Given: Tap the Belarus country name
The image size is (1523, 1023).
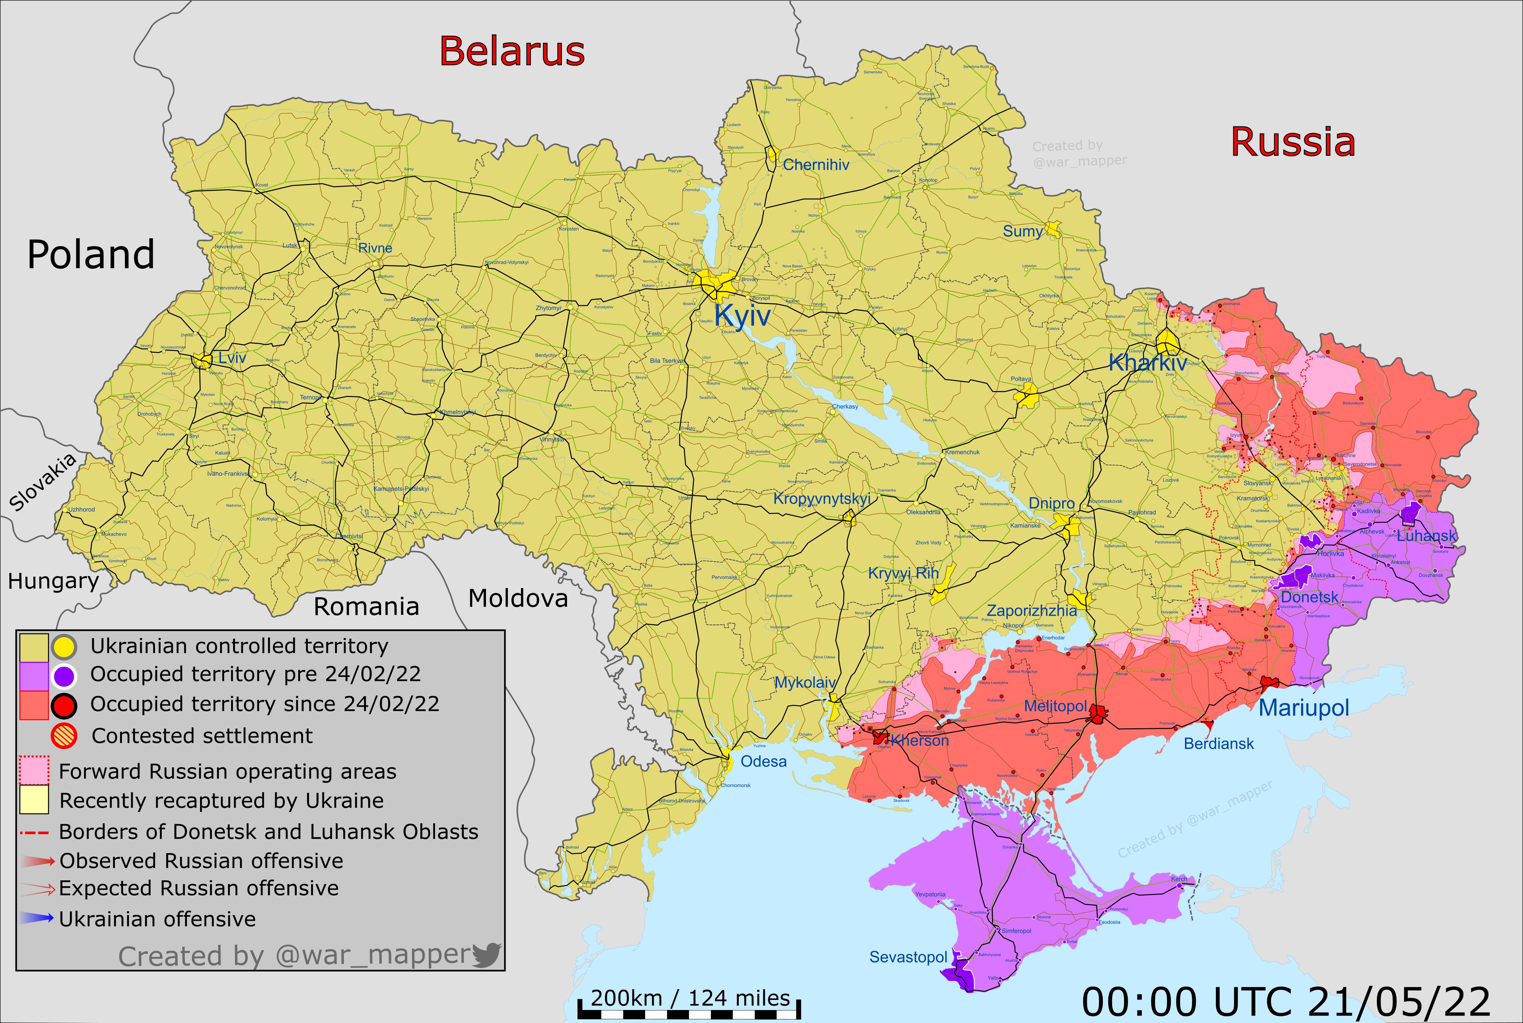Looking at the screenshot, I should tap(512, 51).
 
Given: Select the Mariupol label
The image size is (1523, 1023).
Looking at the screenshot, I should tap(1303, 707).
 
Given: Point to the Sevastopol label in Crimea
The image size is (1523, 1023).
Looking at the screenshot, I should tap(908, 957).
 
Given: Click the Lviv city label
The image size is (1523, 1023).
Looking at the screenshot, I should tap(232, 358).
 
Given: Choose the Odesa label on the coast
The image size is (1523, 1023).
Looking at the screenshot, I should tap(763, 761).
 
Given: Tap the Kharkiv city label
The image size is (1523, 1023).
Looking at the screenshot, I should tap(1147, 363).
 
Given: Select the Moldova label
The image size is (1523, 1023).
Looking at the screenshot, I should tap(518, 598).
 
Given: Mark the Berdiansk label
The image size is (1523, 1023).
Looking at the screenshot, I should tap(1218, 744).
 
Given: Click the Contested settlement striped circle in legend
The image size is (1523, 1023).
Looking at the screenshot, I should tap(64, 736).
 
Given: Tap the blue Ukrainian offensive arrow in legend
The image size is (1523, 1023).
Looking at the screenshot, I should tap(36, 919).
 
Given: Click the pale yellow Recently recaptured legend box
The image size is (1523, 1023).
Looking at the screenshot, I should tap(34, 800).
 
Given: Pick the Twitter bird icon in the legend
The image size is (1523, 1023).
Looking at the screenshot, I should tap(486, 955).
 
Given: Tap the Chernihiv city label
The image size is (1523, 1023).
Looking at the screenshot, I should tap(816, 165).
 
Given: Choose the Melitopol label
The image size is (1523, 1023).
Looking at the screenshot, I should tap(1055, 707).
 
